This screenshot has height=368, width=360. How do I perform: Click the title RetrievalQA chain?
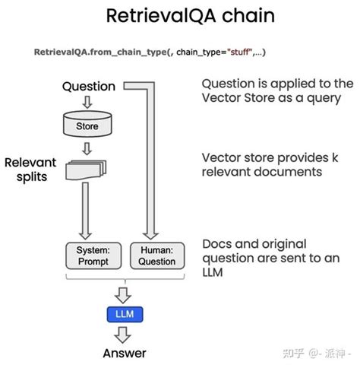tap(180, 17)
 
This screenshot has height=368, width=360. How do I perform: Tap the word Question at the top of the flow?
tap(88, 87)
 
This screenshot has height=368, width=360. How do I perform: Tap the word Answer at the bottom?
tap(124, 354)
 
